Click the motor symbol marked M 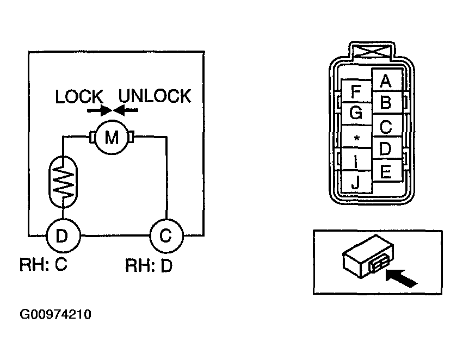click(112, 137)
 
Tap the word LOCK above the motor click(79, 96)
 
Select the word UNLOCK click(155, 96)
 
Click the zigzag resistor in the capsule click(63, 182)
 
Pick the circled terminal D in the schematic click(63, 236)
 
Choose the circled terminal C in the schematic click(166, 236)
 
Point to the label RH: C click(44, 264)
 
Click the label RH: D click(149, 265)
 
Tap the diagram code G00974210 click(55, 314)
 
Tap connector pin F click(356, 91)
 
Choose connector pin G click(356, 114)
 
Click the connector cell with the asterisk click(356, 136)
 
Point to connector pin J click(356, 182)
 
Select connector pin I click(356, 159)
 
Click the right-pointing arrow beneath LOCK click(99, 110)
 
